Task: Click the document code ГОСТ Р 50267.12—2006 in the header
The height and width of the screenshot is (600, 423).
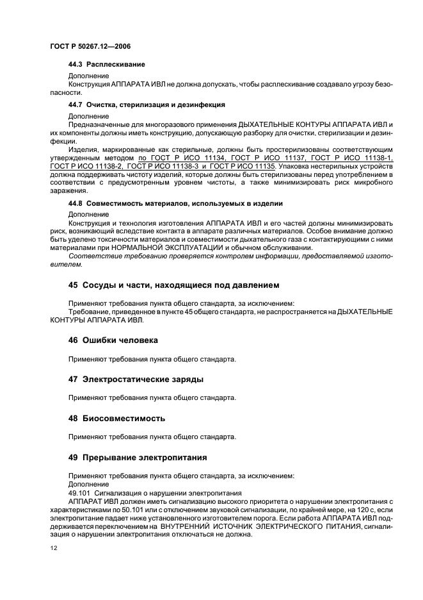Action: click(90, 46)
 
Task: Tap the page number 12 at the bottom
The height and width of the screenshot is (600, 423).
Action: click(53, 546)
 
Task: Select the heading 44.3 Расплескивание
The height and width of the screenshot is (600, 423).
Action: click(106, 65)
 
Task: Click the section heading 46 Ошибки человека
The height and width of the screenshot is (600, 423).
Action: click(113, 340)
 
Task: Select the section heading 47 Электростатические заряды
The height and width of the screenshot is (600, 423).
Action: click(136, 379)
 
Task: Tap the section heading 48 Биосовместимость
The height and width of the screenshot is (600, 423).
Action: click(116, 418)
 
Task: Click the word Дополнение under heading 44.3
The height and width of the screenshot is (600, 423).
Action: click(88, 76)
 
